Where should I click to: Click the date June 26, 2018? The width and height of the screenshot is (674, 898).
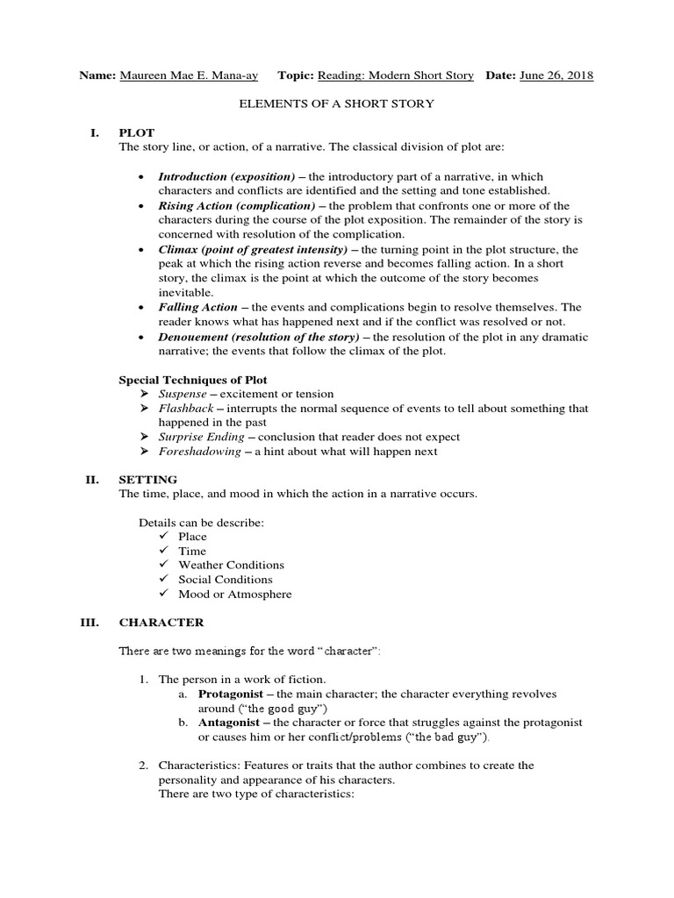pos(556,75)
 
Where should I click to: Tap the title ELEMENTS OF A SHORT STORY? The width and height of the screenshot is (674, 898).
pos(337,103)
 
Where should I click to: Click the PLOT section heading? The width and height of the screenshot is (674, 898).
pos(136,132)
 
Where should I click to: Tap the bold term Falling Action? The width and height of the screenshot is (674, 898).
pos(197,307)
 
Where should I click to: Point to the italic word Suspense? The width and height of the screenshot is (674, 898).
pos(182,395)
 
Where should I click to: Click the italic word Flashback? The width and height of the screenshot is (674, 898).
pos(183,409)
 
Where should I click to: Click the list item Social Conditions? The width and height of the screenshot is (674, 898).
pos(225,580)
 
